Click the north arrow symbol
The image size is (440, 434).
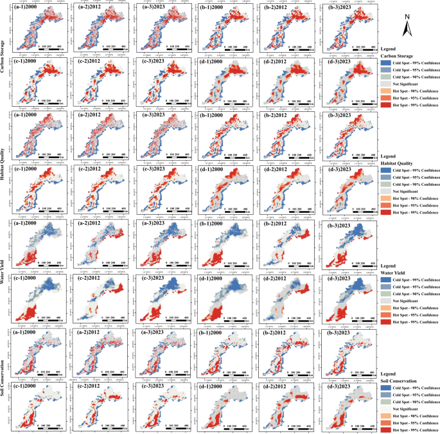click(407, 28)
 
